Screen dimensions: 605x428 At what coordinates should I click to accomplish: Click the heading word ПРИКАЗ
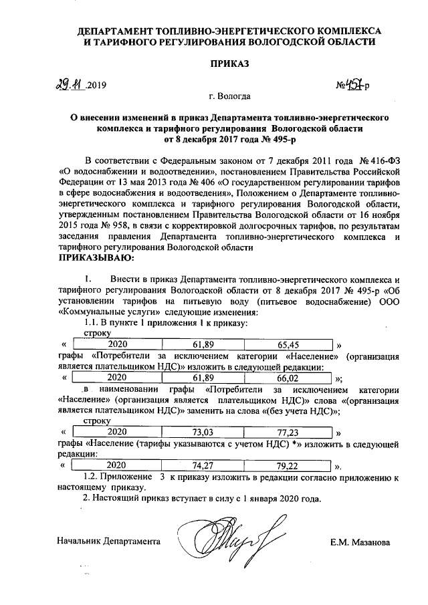click(x=229, y=64)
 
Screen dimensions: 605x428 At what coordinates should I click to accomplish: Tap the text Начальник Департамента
click(x=108, y=541)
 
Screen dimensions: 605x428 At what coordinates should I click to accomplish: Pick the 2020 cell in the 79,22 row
click(x=116, y=465)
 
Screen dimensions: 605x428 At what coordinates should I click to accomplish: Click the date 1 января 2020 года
click(x=276, y=499)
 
